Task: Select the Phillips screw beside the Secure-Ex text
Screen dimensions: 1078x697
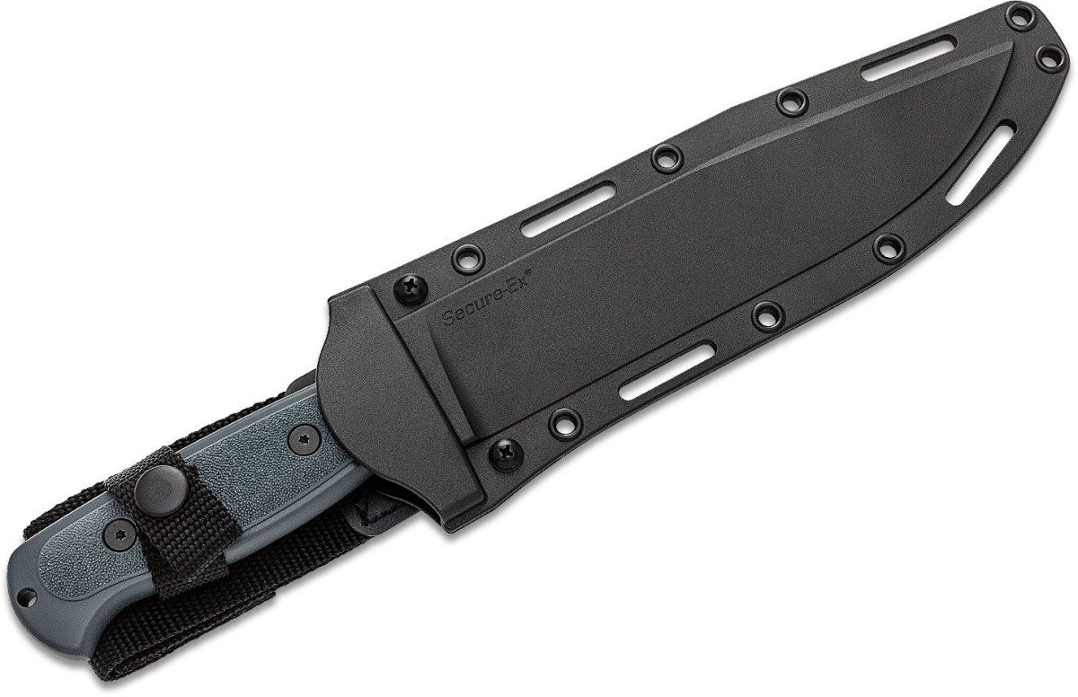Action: click(x=411, y=289)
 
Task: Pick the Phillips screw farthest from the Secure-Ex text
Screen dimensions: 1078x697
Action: click(x=506, y=454)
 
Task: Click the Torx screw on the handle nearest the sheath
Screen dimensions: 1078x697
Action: click(x=305, y=438)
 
